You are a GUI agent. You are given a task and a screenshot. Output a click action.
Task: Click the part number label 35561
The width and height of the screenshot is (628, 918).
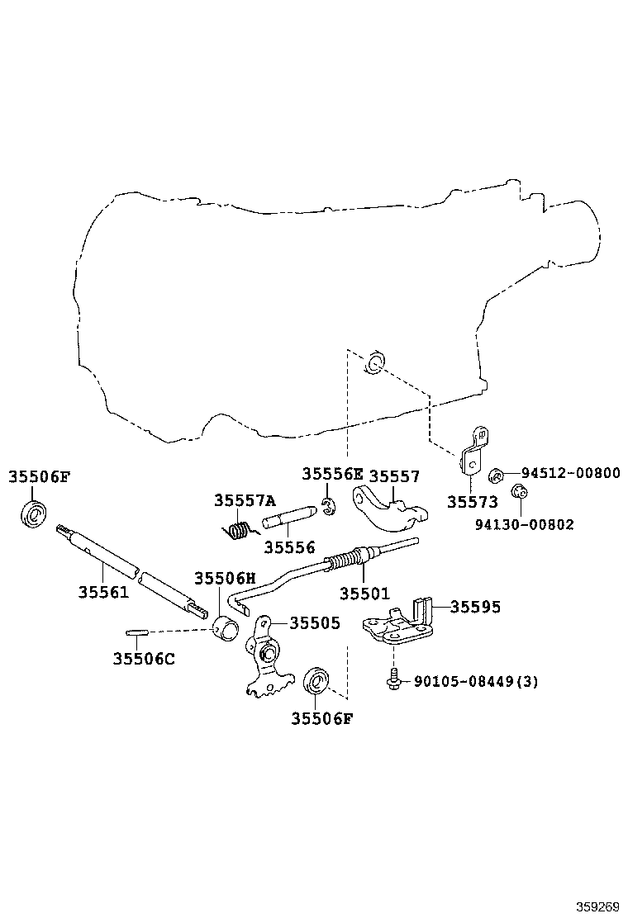click(103, 592)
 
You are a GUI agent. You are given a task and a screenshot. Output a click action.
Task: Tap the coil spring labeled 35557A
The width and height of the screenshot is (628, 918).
click(239, 530)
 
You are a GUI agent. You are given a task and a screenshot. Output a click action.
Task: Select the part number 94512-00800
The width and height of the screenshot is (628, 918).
click(571, 472)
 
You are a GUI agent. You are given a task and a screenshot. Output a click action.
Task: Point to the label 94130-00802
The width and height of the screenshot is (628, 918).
click(525, 524)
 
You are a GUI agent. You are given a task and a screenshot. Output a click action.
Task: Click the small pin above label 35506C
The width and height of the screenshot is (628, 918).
click(136, 632)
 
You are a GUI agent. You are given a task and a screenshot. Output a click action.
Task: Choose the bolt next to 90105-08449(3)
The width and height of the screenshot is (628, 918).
click(393, 679)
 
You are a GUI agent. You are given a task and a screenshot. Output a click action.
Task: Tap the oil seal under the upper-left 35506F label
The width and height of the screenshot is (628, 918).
click(33, 514)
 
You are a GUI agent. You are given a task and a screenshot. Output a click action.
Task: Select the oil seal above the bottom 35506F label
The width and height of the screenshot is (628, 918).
click(316, 681)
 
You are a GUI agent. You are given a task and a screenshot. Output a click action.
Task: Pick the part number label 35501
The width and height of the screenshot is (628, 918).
click(364, 594)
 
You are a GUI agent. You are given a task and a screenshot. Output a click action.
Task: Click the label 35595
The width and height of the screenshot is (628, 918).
click(475, 607)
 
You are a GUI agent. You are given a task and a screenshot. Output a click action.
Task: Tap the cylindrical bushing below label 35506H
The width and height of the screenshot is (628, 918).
click(226, 629)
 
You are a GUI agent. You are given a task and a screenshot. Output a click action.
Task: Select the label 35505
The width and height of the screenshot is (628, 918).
click(315, 623)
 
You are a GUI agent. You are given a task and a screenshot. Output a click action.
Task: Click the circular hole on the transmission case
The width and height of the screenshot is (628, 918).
click(375, 363)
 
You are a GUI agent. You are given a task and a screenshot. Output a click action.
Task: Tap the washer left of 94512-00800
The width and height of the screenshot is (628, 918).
click(496, 475)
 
